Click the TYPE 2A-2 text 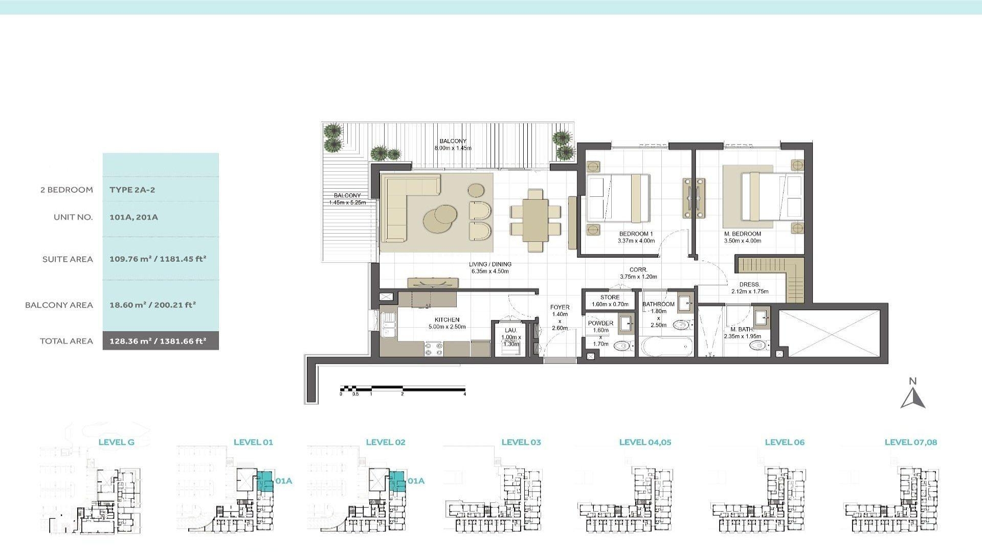click(x=132, y=190)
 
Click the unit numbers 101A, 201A click(x=133, y=217)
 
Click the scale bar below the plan click(x=403, y=389)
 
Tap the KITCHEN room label click(x=447, y=320)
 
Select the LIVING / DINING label click(x=490, y=265)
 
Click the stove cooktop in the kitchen click(x=434, y=349)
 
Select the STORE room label click(x=610, y=297)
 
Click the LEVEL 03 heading click(x=521, y=443)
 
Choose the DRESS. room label click(x=749, y=285)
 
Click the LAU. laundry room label click(x=510, y=331)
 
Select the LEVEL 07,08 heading click(x=910, y=443)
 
